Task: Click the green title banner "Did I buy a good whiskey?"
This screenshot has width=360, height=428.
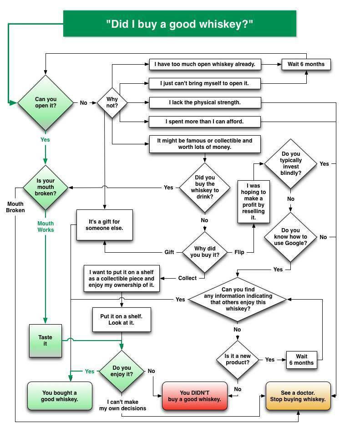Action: point(179,23)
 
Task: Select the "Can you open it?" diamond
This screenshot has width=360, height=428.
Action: point(46,103)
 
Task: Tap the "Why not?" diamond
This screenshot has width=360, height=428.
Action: point(112,103)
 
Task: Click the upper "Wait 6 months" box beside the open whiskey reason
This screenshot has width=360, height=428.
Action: point(306,64)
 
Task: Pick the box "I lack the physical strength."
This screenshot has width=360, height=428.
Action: point(205,102)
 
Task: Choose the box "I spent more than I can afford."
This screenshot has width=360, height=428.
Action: point(205,122)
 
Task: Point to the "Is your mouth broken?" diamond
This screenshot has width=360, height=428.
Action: point(46,187)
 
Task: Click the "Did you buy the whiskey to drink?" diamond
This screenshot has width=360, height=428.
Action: point(204,187)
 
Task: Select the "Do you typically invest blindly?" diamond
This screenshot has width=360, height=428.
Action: point(291,163)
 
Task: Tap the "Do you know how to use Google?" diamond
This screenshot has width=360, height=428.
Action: point(291,237)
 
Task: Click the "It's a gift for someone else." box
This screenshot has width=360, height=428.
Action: point(105,225)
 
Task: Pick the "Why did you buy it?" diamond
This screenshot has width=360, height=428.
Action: point(204,252)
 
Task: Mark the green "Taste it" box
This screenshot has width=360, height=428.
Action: point(45,341)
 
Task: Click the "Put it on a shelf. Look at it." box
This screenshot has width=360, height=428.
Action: point(121,319)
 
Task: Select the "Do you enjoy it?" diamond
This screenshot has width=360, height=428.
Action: point(122,371)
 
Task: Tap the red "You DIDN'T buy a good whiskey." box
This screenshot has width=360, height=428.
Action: point(194,396)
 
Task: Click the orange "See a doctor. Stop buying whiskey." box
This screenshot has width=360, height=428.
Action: point(298,396)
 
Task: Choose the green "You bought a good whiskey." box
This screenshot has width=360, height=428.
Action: point(60,396)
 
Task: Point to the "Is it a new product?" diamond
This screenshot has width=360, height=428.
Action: point(237,360)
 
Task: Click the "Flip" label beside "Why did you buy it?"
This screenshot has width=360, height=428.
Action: point(239,252)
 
